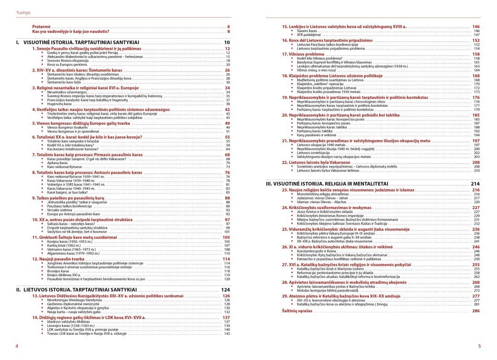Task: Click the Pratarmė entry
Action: tap(40, 27)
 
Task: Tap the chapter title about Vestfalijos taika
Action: tap(101, 110)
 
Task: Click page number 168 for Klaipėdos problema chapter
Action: tap(476, 75)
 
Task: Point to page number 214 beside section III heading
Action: tap(475, 183)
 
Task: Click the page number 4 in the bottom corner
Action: tap(17, 346)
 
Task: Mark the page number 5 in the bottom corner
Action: tap(479, 346)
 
